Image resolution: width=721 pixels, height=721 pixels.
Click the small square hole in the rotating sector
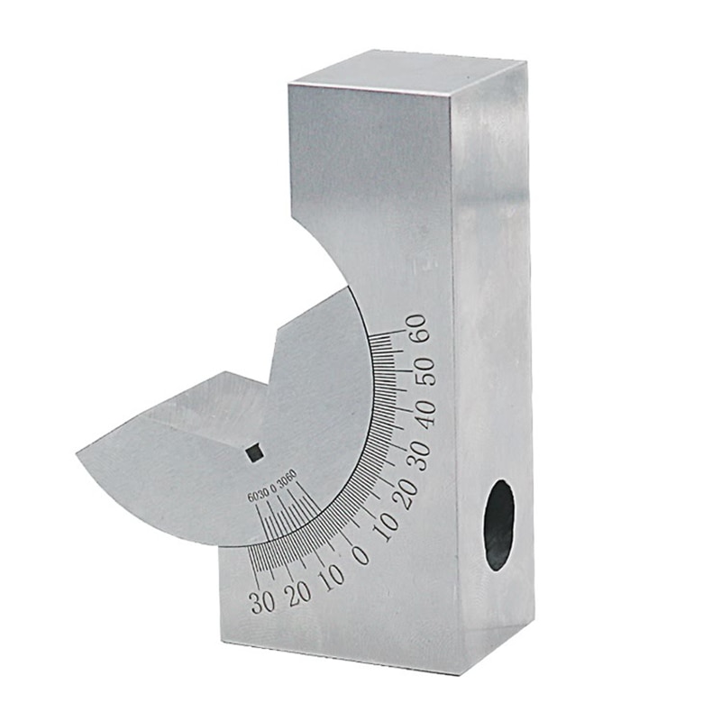click(x=255, y=453)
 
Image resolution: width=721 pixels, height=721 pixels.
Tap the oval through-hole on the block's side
click(x=499, y=525)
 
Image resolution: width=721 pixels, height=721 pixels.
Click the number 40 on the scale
click(x=424, y=412)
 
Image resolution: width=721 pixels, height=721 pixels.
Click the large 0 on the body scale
click(x=360, y=554)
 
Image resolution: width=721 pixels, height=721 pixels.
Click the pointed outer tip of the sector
click(x=78, y=453)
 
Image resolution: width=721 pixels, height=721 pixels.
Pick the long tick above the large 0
click(x=346, y=535)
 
